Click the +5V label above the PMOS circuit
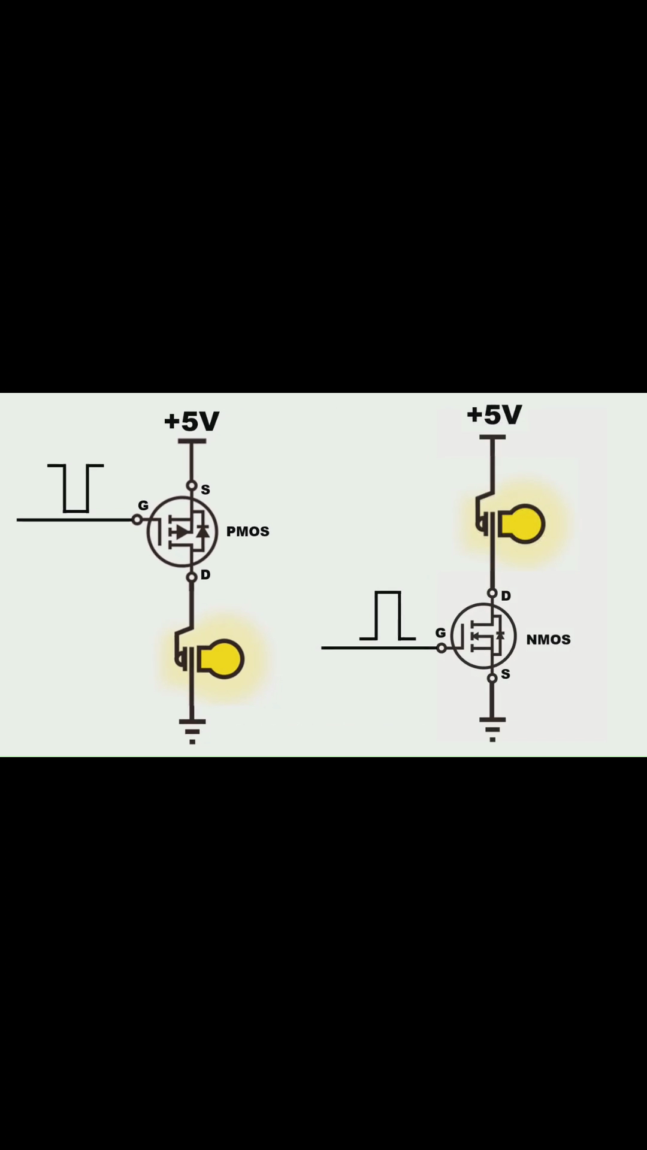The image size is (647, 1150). pyautogui.click(x=192, y=421)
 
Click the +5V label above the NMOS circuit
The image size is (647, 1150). pyautogui.click(x=494, y=414)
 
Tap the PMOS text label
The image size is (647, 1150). pyautogui.click(x=247, y=531)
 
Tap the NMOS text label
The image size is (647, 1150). pyautogui.click(x=548, y=640)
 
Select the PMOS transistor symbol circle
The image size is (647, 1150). pyautogui.click(x=147, y=531)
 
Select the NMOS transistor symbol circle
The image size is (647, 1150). pyautogui.click(x=451, y=636)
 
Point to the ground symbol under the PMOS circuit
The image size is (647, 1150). pyautogui.click(x=192, y=731)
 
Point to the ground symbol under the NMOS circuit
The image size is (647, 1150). pyautogui.click(x=492, y=730)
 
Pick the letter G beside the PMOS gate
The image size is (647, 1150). pyautogui.click(x=143, y=506)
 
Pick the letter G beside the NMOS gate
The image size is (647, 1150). pyautogui.click(x=440, y=632)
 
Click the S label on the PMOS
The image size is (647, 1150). pyautogui.click(x=205, y=489)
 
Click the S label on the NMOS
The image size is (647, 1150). pyautogui.click(x=506, y=674)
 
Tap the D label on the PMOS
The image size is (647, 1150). pyautogui.click(x=205, y=575)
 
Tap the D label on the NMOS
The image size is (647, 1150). pyautogui.click(x=506, y=596)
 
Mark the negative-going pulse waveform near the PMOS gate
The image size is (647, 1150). pyautogui.click(x=76, y=512)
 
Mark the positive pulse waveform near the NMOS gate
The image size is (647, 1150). pyautogui.click(x=388, y=592)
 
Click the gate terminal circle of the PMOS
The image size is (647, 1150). pyautogui.click(x=137, y=520)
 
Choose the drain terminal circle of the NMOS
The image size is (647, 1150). pyautogui.click(x=492, y=594)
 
